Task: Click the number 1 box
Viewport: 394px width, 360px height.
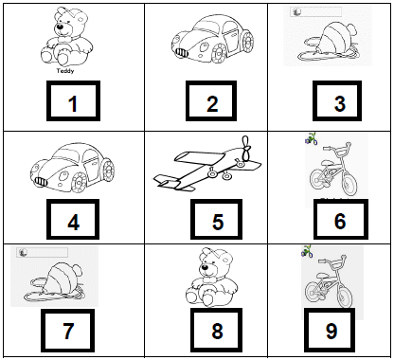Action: click(x=73, y=100)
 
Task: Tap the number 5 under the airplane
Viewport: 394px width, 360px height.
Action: click(x=218, y=222)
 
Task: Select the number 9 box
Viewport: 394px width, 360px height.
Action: click(x=330, y=331)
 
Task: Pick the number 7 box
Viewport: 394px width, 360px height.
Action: click(x=67, y=331)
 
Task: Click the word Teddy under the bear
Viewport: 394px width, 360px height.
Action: click(x=65, y=71)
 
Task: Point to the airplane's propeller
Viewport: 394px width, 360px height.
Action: click(x=246, y=148)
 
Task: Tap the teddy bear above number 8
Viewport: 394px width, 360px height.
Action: click(x=211, y=278)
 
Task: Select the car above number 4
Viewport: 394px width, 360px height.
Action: click(x=73, y=168)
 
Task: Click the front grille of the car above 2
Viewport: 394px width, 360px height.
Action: click(x=182, y=53)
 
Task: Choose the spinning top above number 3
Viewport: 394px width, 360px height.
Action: click(x=329, y=41)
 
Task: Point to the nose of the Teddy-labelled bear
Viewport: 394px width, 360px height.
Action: click(x=60, y=27)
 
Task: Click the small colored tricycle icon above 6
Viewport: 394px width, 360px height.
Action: click(x=311, y=138)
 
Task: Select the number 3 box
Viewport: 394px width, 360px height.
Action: click(x=337, y=100)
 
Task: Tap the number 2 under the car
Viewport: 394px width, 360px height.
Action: click(x=212, y=104)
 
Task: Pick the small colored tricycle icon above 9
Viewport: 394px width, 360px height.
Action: click(x=307, y=251)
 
